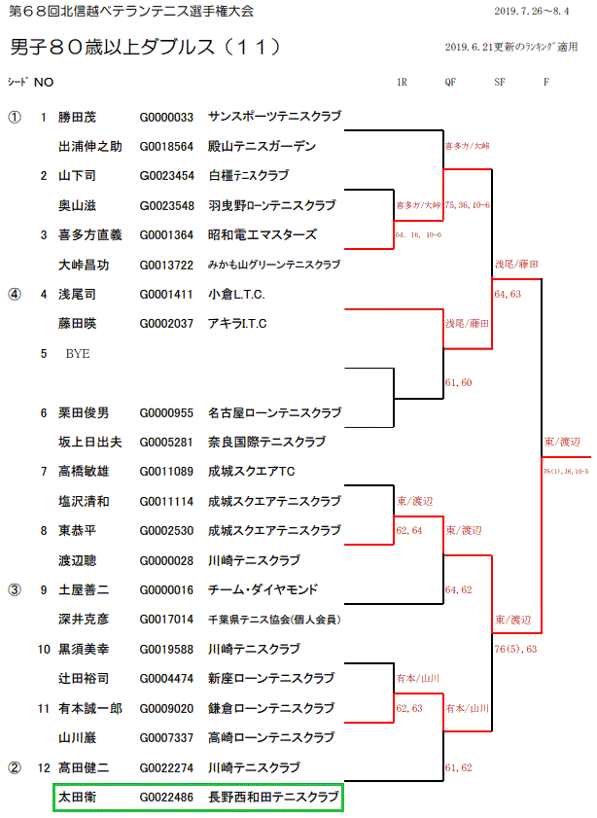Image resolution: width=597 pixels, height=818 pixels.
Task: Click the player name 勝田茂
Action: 78,117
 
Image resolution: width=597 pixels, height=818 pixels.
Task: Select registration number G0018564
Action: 166,147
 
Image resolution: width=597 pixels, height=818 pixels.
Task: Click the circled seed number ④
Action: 14,293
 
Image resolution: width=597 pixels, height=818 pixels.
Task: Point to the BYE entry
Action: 78,354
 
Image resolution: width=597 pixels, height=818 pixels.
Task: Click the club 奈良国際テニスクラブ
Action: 265,442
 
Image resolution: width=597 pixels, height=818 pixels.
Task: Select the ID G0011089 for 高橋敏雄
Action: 166,471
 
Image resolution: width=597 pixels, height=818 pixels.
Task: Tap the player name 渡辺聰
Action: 78,560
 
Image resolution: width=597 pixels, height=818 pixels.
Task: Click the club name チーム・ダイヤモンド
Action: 262,589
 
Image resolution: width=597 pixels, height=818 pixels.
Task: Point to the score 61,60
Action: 458,383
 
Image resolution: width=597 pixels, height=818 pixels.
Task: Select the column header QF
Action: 450,83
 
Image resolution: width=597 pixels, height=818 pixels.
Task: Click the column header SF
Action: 500,83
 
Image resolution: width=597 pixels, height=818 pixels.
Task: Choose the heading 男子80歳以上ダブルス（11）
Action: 146,47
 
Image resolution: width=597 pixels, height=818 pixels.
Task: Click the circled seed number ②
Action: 14,767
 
